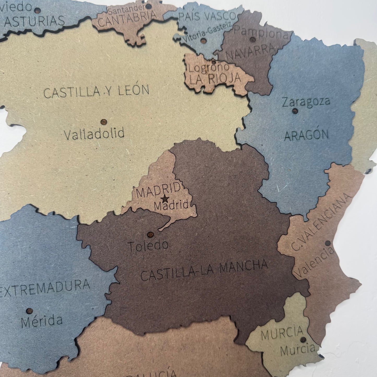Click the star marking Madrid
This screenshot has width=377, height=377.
pos(165,199)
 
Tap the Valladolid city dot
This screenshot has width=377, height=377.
pos(104,122)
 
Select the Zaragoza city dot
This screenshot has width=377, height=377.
pos(295,111)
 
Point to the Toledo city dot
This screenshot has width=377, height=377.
pos(150,235)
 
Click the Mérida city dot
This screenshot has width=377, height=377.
pos(29,311)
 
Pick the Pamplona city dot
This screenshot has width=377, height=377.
pos(253,40)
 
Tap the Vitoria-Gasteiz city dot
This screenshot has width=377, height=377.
pos(203,41)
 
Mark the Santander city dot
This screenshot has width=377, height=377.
pos(148,6)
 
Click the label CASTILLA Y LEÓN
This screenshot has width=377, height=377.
pos(96,91)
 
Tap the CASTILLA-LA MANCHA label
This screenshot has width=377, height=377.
pos(204,270)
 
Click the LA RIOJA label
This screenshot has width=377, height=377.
pos(215,78)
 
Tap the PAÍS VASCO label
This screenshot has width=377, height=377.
pos(207,16)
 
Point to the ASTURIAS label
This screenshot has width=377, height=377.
pos(34,21)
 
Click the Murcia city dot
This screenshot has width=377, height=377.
pos(303,339)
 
